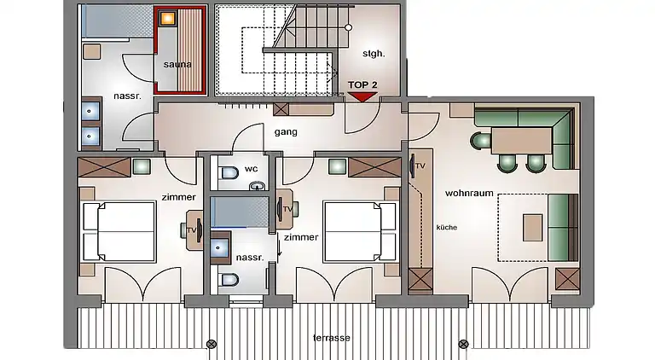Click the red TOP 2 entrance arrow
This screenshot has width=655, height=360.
click(x=362, y=97)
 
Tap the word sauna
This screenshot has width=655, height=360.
click(x=177, y=64)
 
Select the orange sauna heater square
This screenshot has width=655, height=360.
click(x=168, y=18)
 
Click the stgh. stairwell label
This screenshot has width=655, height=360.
click(x=374, y=54)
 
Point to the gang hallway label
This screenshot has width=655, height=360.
click(x=286, y=132)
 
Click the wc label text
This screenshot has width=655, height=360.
click(x=251, y=169)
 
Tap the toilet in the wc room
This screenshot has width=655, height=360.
click(x=229, y=172)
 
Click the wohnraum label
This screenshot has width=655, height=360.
click(x=469, y=193)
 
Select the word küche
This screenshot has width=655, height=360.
click(x=447, y=227)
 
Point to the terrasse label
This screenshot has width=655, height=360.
click(x=332, y=338)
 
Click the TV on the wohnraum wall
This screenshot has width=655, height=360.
click(x=413, y=165)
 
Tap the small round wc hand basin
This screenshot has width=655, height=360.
click(x=258, y=185)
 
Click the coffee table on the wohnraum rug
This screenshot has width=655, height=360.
click(x=532, y=227)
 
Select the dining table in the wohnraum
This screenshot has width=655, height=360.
click(x=522, y=141)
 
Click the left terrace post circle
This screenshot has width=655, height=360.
click(x=212, y=344)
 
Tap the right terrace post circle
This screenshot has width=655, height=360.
click(x=463, y=344)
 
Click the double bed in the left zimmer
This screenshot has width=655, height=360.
click(x=119, y=232)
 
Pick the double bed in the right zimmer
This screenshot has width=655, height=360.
click(x=360, y=232)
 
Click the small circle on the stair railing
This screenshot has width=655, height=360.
click(x=348, y=27)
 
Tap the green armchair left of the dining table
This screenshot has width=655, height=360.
click(x=480, y=140)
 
